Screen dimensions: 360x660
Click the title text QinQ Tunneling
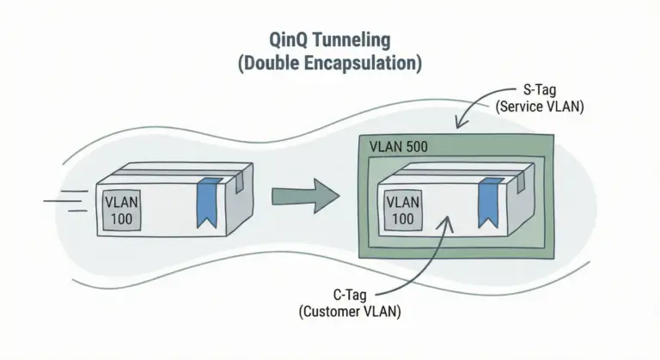click(331, 40)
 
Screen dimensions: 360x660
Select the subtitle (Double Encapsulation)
click(331, 64)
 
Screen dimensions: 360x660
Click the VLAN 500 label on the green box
click(399, 147)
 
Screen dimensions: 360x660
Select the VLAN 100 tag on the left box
click(120, 210)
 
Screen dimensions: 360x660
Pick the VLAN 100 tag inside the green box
click(404, 210)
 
